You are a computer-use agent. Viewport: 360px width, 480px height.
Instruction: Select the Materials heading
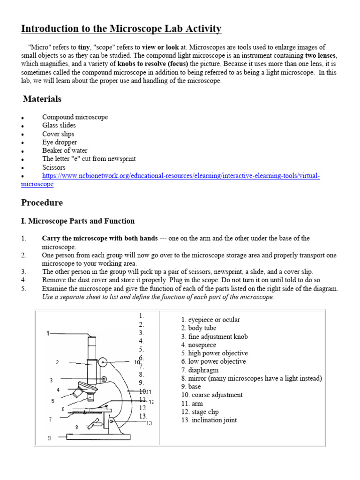pyautogui.click(x=42, y=99)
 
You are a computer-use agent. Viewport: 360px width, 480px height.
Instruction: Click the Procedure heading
pyautogui.click(x=42, y=203)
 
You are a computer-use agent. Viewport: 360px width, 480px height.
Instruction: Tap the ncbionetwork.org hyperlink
pyautogui.click(x=180, y=176)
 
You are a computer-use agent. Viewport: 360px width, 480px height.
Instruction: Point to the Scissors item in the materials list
pyautogui.click(x=54, y=167)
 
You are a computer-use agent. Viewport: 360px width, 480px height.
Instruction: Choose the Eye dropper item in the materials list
pyautogui.click(x=60, y=142)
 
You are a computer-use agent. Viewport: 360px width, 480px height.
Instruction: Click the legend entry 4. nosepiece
pyautogui.click(x=199, y=345)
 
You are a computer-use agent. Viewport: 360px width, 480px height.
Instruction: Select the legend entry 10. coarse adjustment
pyautogui.click(x=212, y=395)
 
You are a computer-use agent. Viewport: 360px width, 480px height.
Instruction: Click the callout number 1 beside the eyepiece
pyautogui.click(x=48, y=333)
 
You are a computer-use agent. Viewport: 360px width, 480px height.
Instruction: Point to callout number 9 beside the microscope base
pyautogui.click(x=49, y=438)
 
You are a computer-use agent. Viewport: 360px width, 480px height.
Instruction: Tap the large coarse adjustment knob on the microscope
pyautogui.click(x=103, y=362)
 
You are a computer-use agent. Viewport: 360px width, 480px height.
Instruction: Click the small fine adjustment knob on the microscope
pyautogui.click(x=104, y=378)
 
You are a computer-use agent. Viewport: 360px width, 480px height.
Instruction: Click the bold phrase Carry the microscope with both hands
pyautogui.click(x=100, y=239)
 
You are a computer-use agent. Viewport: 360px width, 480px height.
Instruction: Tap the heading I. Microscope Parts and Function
pyautogui.click(x=78, y=221)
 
